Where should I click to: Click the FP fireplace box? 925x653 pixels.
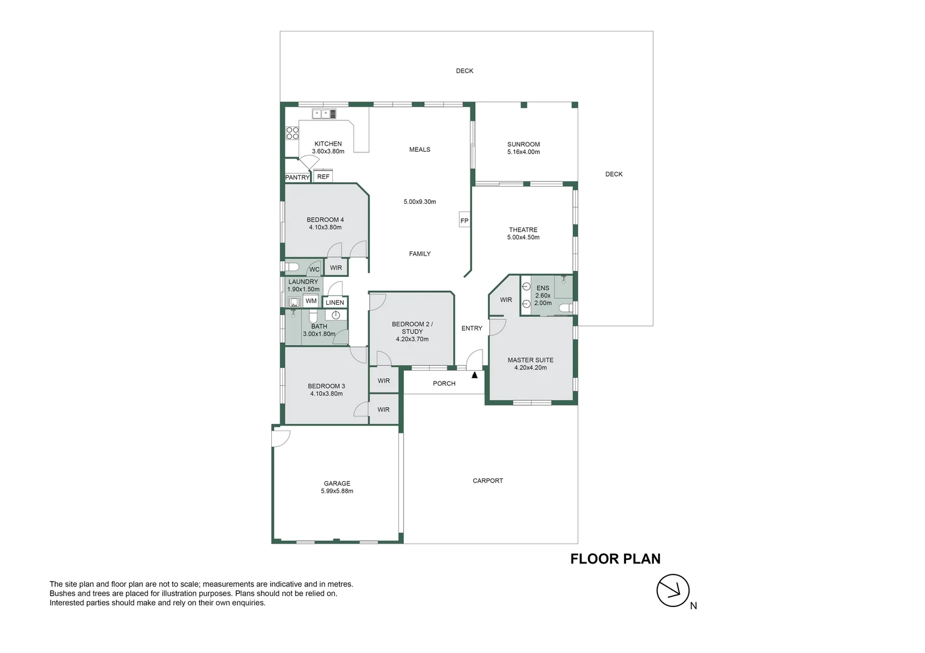[x=464, y=220]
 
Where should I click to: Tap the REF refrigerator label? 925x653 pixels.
[x=323, y=177]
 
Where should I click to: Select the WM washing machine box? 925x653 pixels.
[x=311, y=301]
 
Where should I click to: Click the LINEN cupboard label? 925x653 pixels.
[x=335, y=302]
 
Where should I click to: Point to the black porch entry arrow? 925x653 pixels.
[x=475, y=375]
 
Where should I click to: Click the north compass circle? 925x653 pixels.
[x=673, y=590]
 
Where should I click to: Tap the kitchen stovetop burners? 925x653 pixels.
[x=292, y=133]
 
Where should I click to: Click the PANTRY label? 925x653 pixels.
[x=297, y=177]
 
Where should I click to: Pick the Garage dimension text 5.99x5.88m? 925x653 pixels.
[x=337, y=491]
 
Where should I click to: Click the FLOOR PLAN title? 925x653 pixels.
[x=615, y=559]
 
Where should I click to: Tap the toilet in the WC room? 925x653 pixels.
[x=292, y=267]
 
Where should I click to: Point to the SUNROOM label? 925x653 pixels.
[x=524, y=145]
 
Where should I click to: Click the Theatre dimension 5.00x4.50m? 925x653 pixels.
[x=523, y=237]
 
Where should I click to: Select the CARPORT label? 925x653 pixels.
[x=488, y=481]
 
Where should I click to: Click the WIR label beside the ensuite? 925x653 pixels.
[x=506, y=300]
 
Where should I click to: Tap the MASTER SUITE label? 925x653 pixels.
[x=531, y=360]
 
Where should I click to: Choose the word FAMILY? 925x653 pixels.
[x=420, y=254]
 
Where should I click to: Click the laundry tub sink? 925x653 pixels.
[x=294, y=302]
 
